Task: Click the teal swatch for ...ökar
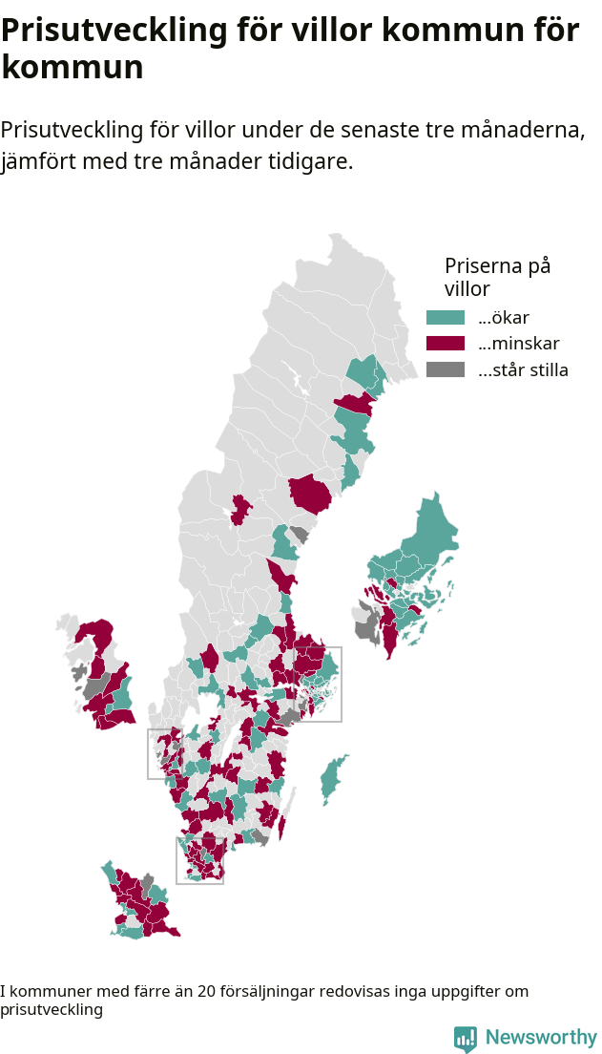[x=445, y=318]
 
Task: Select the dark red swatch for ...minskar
[x=445, y=344]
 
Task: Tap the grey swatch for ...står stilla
[x=445, y=369]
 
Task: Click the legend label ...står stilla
[x=523, y=370]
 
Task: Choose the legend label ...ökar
[x=503, y=318]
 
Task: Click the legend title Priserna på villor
[x=496, y=277]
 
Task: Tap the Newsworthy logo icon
[x=465, y=1039]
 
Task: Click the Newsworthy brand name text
[x=541, y=1038]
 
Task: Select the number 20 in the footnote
[x=206, y=992]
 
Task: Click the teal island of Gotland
[x=333, y=778]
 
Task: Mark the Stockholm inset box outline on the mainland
[x=341, y=683]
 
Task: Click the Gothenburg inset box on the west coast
[x=149, y=754]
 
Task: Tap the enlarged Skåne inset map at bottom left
[x=140, y=902]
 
